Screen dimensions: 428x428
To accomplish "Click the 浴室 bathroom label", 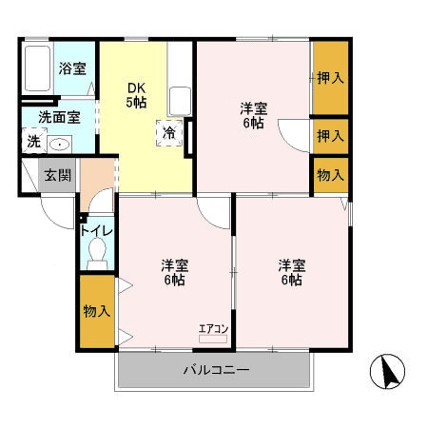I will click(x=71, y=68).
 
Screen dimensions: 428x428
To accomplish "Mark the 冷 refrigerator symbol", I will click(x=168, y=132).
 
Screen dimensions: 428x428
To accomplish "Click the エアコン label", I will click(x=212, y=329).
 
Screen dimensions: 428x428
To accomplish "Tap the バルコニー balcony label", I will click(x=216, y=369).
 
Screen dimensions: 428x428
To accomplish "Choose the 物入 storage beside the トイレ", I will click(x=97, y=311).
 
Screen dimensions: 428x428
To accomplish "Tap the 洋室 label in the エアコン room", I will click(x=172, y=271).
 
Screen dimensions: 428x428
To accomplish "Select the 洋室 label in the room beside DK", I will click(x=253, y=115).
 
